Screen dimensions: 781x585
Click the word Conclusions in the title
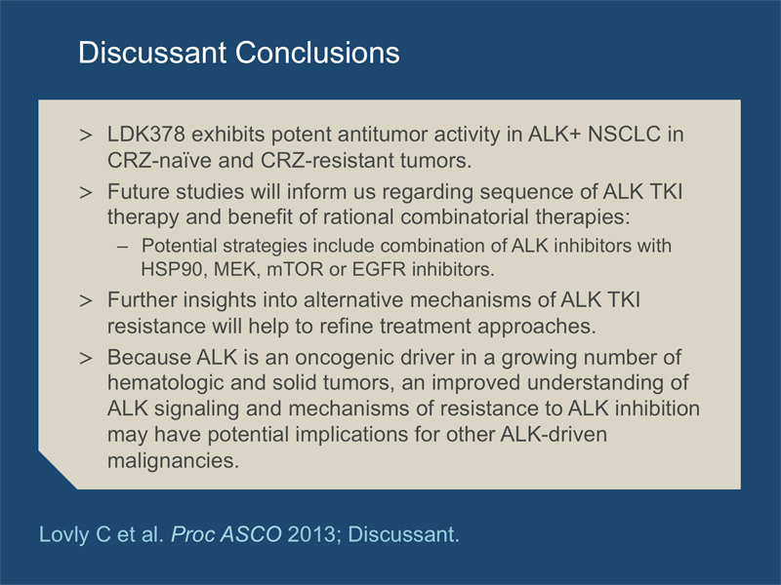click(317, 53)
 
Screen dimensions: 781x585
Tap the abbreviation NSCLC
click(624, 135)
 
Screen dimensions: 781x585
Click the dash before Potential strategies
click(123, 247)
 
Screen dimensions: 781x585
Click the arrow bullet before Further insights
click(86, 300)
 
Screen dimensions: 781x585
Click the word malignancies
click(174, 460)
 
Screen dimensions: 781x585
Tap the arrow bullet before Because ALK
click(86, 358)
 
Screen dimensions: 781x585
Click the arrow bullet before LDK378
click(86, 135)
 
